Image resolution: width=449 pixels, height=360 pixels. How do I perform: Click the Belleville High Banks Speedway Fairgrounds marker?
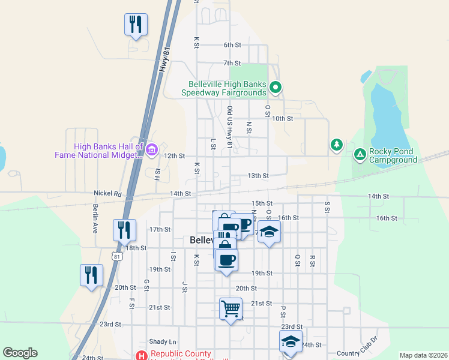[275, 88]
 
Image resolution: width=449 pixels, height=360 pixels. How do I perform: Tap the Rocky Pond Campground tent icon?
[360, 155]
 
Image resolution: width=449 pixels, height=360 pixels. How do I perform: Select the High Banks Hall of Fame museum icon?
[151, 149]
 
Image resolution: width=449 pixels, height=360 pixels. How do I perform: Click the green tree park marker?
[337, 145]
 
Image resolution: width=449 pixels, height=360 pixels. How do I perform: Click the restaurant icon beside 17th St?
[124, 230]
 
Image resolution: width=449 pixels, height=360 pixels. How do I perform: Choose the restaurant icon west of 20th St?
[91, 276]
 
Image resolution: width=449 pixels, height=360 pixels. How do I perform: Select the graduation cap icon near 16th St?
[270, 232]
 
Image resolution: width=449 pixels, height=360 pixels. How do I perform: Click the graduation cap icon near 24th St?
[291, 341]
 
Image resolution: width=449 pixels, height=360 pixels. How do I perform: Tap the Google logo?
[20, 353]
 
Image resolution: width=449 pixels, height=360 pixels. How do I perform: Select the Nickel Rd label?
[107, 194]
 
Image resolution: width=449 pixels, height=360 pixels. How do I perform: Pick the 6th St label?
[232, 45]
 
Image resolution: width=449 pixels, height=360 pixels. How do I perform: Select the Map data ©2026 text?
[423, 355]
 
